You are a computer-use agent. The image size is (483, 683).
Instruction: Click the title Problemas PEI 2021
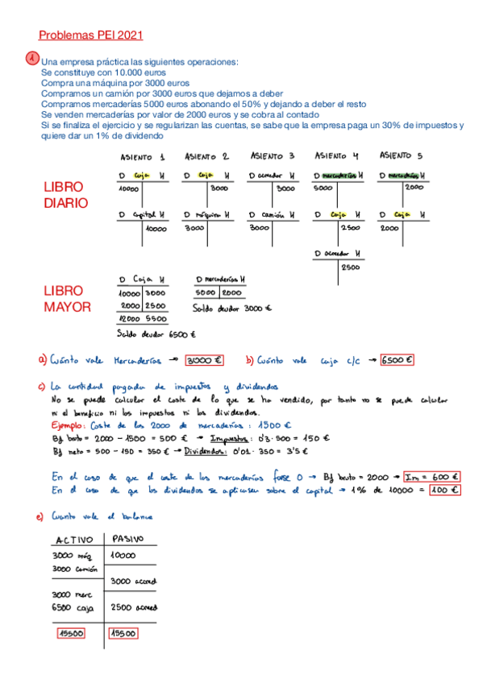[x=91, y=35]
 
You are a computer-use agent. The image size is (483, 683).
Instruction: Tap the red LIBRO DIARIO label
[x=65, y=195]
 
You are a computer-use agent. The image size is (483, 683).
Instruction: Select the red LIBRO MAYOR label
[x=69, y=298]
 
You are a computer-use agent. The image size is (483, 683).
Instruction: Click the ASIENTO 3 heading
[x=272, y=156]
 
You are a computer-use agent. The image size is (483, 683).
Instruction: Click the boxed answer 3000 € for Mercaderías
[x=205, y=360]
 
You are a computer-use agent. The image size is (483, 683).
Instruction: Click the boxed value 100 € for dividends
[x=443, y=489]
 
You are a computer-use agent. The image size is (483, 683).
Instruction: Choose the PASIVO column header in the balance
[x=127, y=539]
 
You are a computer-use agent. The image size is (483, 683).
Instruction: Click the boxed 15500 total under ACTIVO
[x=74, y=633]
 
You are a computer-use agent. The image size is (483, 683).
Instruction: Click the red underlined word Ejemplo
[x=66, y=424]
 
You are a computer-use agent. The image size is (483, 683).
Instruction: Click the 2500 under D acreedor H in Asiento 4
[x=350, y=267]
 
